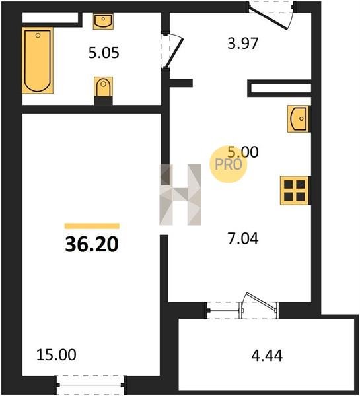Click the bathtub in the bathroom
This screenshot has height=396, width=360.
[38, 61]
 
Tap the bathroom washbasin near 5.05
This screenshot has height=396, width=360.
[103, 21]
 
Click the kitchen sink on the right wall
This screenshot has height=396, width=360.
[299, 119]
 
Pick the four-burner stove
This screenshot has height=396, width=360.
[295, 191]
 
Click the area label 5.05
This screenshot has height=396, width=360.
[104, 53]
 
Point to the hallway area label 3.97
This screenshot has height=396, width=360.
[242, 43]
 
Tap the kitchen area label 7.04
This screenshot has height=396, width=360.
[243, 239]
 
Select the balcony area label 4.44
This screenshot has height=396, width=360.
[267, 356]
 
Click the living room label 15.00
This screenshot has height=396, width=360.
[56, 355]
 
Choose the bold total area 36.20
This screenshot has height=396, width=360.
[92, 244]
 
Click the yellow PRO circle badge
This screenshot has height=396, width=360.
[229, 164]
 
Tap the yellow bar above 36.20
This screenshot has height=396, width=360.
[92, 226]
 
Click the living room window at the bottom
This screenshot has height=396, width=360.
[90, 385]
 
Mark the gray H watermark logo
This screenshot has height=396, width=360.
[180, 195]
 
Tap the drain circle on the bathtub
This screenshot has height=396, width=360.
[38, 36]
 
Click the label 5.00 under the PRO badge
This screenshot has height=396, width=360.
[243, 152]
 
